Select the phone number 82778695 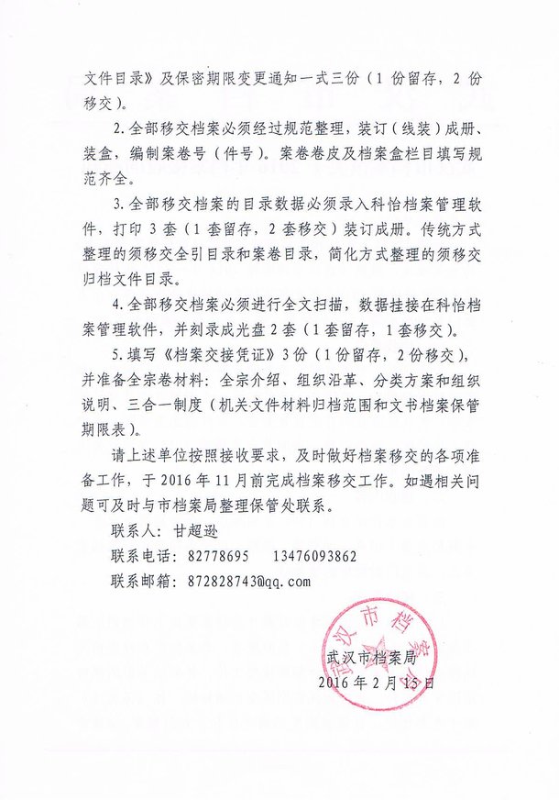point(217,557)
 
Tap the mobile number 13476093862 point(314,557)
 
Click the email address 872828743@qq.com point(236,581)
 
